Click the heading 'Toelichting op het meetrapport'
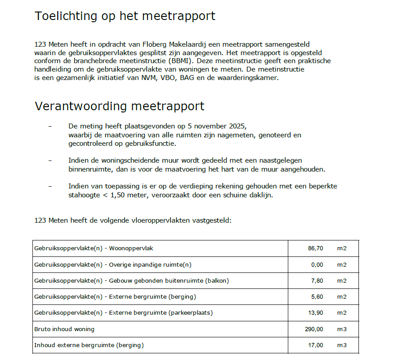pos(125,16)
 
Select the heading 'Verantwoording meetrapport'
pos(119,107)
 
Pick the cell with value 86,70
pos(315,248)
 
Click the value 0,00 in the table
pos(317,265)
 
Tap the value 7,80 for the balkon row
pos(317,281)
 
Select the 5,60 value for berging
pos(317,297)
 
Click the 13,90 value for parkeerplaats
pos(315,313)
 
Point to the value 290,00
pos(314,329)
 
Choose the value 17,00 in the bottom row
pos(315,345)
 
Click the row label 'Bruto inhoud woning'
pos(64,329)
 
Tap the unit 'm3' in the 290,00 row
pos(342,329)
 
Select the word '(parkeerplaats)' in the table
pos(191,313)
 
